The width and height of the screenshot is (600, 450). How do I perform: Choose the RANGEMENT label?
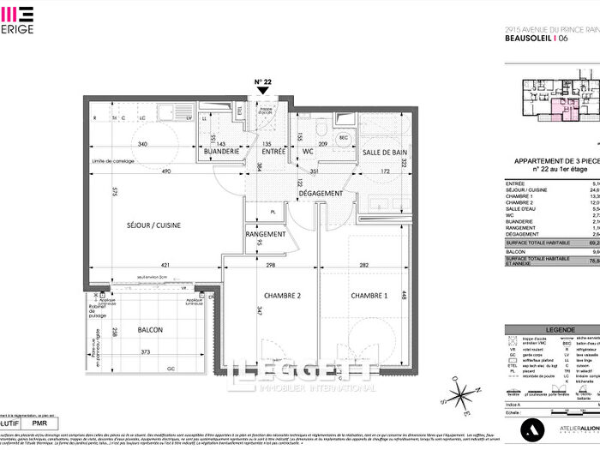coord(266,234)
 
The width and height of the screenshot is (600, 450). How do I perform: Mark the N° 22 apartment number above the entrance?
coord(262,82)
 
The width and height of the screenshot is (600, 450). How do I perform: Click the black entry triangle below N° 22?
coord(262,93)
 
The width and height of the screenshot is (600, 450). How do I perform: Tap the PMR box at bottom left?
coord(39,423)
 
